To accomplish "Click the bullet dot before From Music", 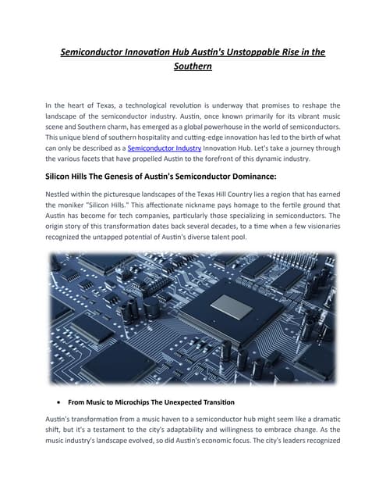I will point(60,402).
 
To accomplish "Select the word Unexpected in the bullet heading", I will point(179,402).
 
